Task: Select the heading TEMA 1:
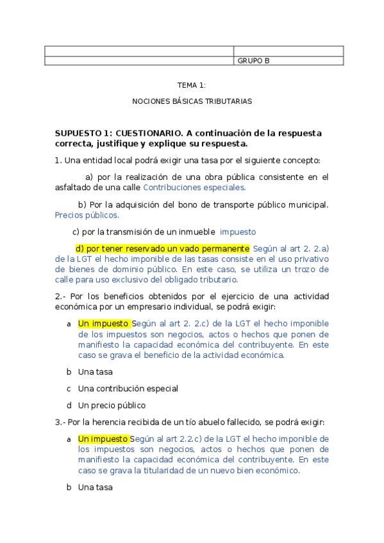click(x=192, y=85)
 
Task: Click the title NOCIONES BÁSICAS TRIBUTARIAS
click(x=192, y=101)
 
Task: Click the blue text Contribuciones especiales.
click(x=194, y=188)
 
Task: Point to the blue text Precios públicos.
click(x=87, y=215)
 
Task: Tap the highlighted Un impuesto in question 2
click(x=103, y=323)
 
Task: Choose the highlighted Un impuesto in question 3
click(x=103, y=439)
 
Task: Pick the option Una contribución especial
click(x=128, y=388)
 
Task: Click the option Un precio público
click(x=112, y=405)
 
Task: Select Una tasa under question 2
click(x=95, y=371)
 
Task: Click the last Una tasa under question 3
click(x=95, y=487)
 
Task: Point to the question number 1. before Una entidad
click(x=58, y=160)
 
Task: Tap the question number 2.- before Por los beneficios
click(x=60, y=296)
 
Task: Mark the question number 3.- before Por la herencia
click(x=60, y=422)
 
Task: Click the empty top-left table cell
click(x=138, y=51)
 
